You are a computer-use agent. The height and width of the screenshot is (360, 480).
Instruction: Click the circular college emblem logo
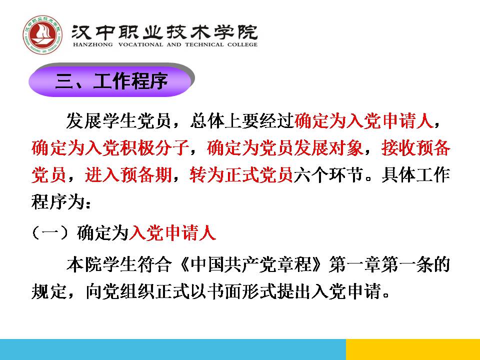(42, 35)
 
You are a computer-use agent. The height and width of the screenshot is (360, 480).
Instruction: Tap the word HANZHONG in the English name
(93, 44)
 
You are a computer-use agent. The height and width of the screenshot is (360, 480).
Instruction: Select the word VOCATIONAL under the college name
(140, 44)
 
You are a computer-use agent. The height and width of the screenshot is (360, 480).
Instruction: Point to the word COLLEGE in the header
(242, 44)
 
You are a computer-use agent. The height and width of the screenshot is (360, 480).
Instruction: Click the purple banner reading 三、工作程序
(111, 81)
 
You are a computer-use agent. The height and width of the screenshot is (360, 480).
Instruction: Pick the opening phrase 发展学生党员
(118, 120)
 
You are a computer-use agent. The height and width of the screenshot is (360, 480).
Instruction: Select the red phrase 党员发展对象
(311, 148)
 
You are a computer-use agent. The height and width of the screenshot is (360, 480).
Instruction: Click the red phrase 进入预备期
(128, 175)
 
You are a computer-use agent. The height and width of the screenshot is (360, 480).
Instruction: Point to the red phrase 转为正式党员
(241, 175)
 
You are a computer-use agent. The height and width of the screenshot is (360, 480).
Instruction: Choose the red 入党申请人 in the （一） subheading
(172, 233)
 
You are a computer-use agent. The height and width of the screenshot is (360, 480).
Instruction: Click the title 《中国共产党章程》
(250, 264)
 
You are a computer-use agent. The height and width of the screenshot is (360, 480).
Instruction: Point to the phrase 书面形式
(242, 291)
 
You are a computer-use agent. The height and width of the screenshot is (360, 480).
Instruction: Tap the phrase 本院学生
(101, 264)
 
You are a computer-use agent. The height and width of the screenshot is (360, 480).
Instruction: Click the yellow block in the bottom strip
(413, 349)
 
